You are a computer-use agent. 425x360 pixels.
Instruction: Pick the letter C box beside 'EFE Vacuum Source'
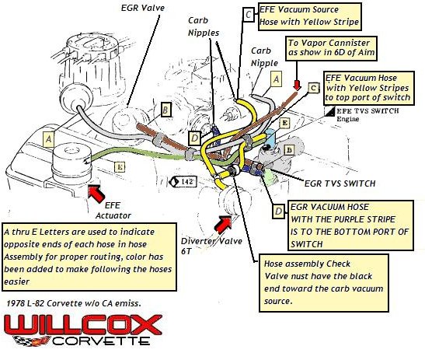pyautogui.click(x=248, y=14)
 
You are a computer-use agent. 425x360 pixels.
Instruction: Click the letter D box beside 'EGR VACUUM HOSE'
pyautogui.click(x=278, y=210)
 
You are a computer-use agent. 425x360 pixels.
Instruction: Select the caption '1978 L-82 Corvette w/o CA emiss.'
pyautogui.click(x=72, y=302)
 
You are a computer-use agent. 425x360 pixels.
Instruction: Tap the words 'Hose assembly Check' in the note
pyautogui.click(x=301, y=264)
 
